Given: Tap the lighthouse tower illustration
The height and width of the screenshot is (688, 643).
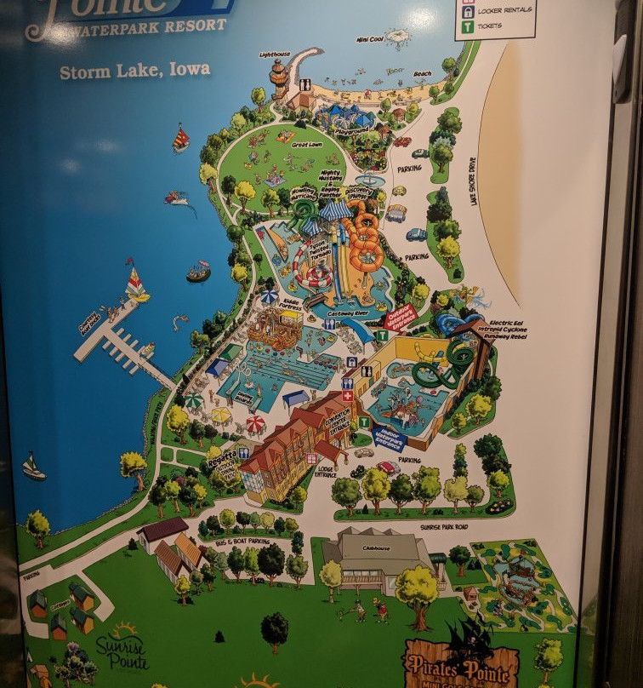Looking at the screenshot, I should pos(278,79).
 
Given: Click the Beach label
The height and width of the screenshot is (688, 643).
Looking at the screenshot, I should pos(422,74).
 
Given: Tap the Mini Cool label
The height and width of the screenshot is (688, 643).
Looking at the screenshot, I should pos(370,38).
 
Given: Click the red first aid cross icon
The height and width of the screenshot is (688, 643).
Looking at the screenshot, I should pos(347,396).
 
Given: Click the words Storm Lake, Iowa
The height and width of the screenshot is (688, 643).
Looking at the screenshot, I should pos(135,70).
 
